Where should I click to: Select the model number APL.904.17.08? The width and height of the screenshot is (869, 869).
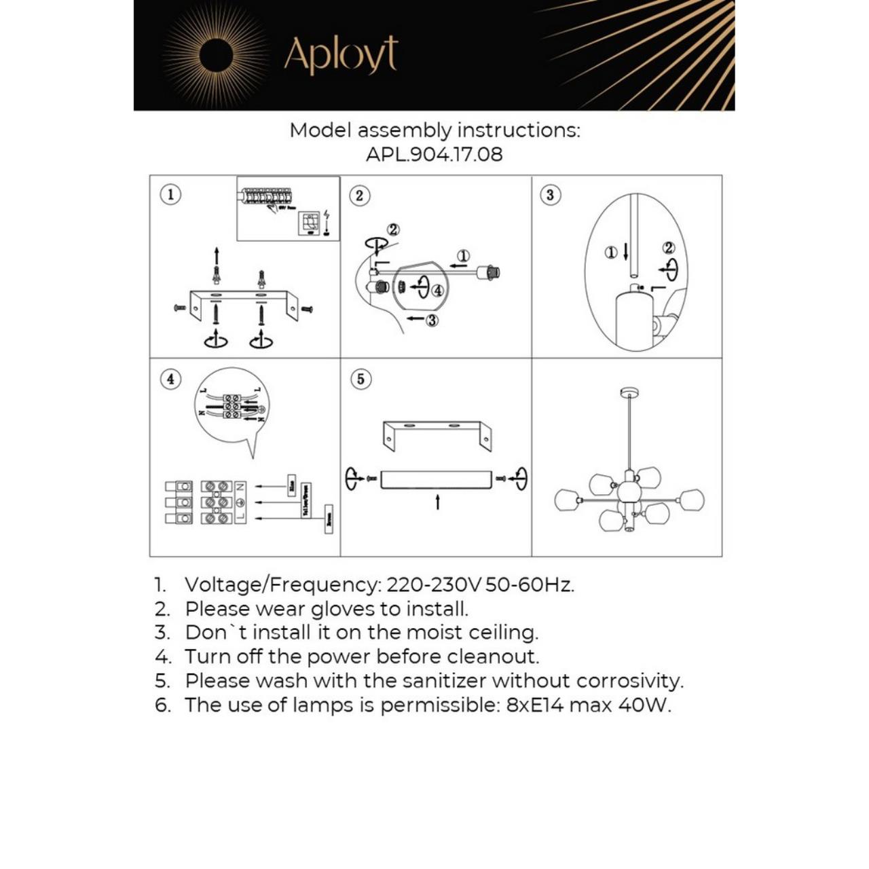[x=434, y=154]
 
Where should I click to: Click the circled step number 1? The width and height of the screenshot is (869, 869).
[x=170, y=195]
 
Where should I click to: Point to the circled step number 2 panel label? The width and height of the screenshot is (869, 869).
[x=360, y=196]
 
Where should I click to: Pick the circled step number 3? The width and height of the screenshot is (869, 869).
[x=550, y=196]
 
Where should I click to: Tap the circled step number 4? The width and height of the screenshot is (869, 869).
[x=170, y=379]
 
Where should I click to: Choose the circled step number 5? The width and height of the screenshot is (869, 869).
[x=360, y=379]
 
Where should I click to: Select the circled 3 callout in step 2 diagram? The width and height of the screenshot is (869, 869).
[x=432, y=320]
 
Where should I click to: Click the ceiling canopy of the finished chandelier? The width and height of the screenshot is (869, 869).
[x=629, y=392]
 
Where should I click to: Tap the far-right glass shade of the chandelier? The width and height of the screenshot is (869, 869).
[x=691, y=500]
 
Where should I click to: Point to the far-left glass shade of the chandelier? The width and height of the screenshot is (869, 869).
[x=566, y=501]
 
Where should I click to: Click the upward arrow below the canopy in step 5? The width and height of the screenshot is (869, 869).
[x=437, y=502]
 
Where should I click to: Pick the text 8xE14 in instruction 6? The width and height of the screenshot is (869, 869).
[x=535, y=705]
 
